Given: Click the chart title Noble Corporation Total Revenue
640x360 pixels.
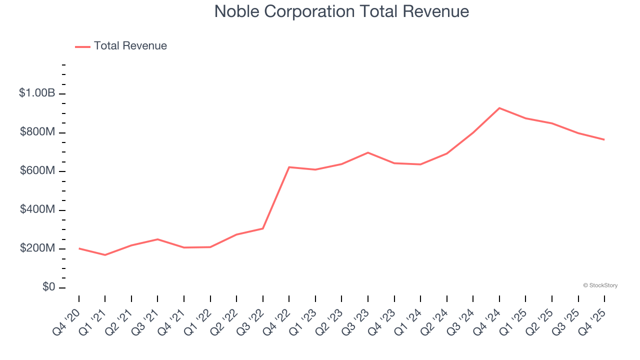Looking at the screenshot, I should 341,11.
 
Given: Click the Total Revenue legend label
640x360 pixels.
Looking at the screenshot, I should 130,46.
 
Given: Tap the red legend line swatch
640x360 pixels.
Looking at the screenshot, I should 82,46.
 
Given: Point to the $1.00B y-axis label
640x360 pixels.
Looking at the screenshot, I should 36,93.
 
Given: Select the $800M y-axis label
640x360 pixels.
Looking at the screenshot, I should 37,132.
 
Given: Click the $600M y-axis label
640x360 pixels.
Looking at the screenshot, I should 37,171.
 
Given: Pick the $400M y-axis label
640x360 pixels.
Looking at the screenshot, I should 37,209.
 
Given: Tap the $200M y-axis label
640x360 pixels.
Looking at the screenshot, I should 37,248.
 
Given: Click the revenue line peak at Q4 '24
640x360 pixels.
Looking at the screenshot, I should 499,108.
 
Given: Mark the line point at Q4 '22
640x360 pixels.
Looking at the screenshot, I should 289,167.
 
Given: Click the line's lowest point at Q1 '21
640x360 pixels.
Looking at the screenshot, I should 105,255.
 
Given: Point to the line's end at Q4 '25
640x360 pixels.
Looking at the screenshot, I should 604,139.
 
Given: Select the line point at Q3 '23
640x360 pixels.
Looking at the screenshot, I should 368,152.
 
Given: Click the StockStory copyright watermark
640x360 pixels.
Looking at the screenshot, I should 600,285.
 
